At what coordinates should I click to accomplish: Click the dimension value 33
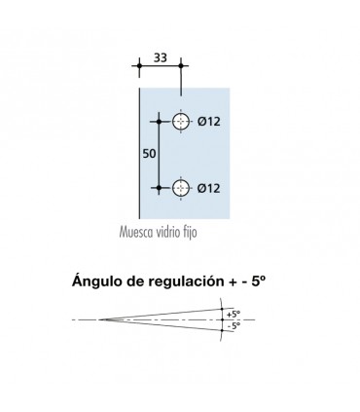159,57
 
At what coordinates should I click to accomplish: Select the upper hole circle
181,122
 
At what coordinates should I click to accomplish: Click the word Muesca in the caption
138,235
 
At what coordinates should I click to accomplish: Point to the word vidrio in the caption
175,235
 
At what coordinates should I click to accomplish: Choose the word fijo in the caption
201,235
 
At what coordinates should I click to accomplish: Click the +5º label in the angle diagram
231,314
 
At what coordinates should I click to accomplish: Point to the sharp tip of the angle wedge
100,319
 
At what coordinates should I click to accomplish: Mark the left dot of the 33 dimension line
140,65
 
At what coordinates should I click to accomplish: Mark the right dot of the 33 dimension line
180,65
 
